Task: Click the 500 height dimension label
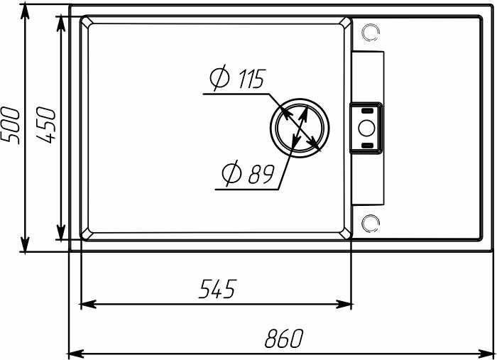tap(10, 126)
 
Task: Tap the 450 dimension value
tap(45, 125)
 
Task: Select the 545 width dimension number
tap(218, 289)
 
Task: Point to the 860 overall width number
tap(284, 339)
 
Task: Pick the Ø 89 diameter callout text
tap(248, 173)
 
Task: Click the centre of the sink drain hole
tap(300, 128)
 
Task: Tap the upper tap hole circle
tap(370, 33)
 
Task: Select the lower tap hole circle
tap(370, 223)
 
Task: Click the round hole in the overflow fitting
tap(367, 128)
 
